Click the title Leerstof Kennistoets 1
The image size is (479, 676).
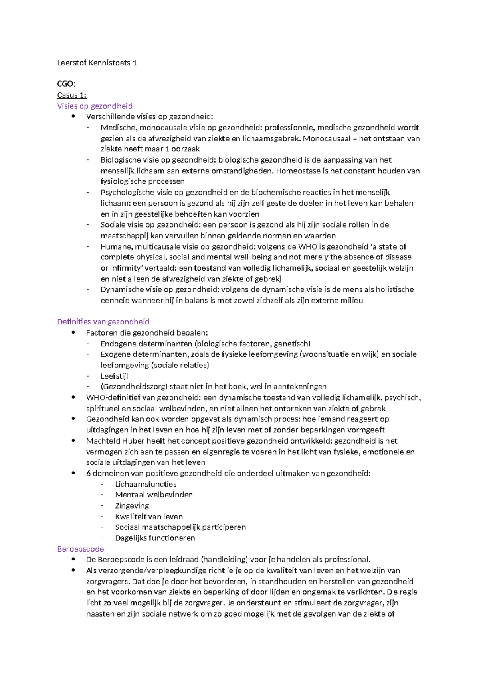pyautogui.click(x=97, y=63)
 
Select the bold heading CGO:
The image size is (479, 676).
pyautogui.click(x=66, y=84)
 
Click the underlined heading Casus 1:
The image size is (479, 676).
pyautogui.click(x=72, y=95)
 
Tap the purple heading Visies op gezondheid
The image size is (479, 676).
pyautogui.click(x=95, y=106)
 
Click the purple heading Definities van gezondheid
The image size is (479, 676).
pyautogui.click(x=103, y=322)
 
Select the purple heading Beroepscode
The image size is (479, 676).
pyautogui.click(x=80, y=549)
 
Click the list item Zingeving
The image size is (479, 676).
pyautogui.click(x=132, y=505)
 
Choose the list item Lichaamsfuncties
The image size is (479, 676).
pyautogui.click(x=146, y=484)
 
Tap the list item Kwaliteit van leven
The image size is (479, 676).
pyautogui.click(x=149, y=516)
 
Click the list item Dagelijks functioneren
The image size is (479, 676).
pyautogui.click(x=155, y=538)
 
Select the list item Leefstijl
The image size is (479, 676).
pyautogui.click(x=114, y=376)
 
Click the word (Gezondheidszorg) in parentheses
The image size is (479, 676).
pyautogui.click(x=134, y=386)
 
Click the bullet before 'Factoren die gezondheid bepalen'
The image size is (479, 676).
pyautogui.click(x=73, y=332)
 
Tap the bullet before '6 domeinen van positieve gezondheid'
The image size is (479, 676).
pyautogui.click(x=73, y=473)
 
